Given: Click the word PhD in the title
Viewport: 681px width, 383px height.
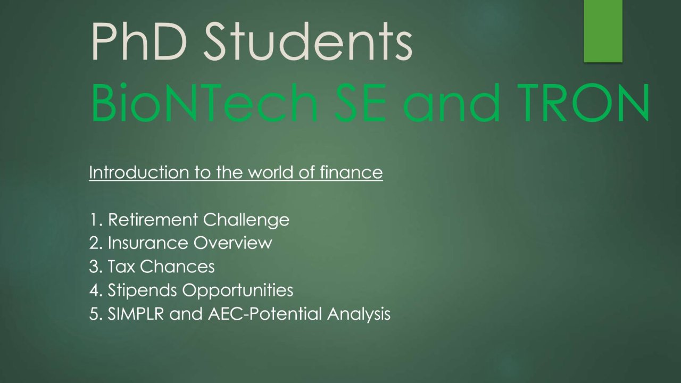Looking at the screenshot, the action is (139, 41).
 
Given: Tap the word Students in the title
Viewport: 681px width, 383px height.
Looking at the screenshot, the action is (308, 41).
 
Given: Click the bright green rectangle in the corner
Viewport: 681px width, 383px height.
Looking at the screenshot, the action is (603, 31).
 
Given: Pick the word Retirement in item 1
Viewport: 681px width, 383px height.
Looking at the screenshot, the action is (153, 220).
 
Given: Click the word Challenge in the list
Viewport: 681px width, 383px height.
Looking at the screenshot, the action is (246, 220).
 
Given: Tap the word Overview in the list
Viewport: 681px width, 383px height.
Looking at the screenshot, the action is (232, 243).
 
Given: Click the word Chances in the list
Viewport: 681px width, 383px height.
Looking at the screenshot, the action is (177, 267).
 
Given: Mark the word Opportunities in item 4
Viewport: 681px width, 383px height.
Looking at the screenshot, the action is (238, 291).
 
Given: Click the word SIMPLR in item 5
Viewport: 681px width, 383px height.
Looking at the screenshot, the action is (136, 314).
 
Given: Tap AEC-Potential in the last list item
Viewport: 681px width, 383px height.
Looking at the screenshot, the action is (265, 314).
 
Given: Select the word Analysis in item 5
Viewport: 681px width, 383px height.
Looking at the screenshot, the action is (359, 314).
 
